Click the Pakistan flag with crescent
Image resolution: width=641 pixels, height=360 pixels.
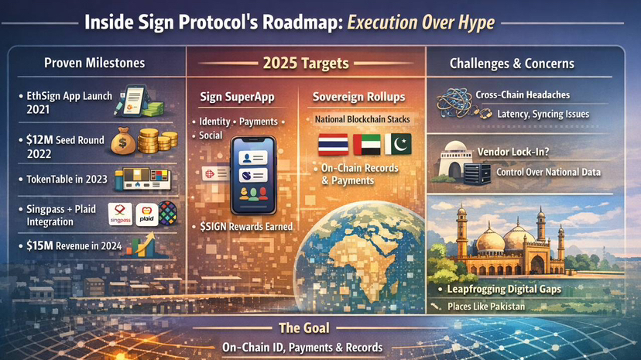tap(398, 144)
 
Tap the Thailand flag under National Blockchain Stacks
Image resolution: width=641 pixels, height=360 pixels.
tap(333, 144)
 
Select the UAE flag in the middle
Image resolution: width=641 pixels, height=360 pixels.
tap(367, 144)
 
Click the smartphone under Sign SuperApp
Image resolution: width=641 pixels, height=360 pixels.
tap(253, 176)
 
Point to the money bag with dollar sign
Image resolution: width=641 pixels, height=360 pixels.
tap(123, 141)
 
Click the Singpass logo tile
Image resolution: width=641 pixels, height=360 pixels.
tap(120, 214)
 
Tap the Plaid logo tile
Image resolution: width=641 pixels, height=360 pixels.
tap(147, 214)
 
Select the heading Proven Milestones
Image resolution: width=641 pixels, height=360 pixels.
tap(94, 63)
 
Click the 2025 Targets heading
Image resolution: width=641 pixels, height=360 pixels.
tap(306, 63)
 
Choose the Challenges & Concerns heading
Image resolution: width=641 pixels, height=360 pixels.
tap(512, 63)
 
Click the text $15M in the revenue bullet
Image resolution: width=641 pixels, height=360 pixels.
tap(39, 245)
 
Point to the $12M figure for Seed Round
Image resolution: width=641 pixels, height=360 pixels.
tap(39, 140)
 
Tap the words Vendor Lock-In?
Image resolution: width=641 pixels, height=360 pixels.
tap(513, 152)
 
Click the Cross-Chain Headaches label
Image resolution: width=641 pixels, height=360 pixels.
tap(523, 94)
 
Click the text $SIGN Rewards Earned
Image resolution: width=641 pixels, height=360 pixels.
tap(246, 227)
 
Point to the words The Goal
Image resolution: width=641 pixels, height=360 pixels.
tap(304, 327)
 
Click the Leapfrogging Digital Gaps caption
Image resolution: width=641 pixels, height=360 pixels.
tap(504, 290)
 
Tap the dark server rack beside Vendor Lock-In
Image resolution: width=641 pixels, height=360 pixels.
tap(477, 173)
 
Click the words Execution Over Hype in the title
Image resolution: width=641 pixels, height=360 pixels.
tap(421, 23)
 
